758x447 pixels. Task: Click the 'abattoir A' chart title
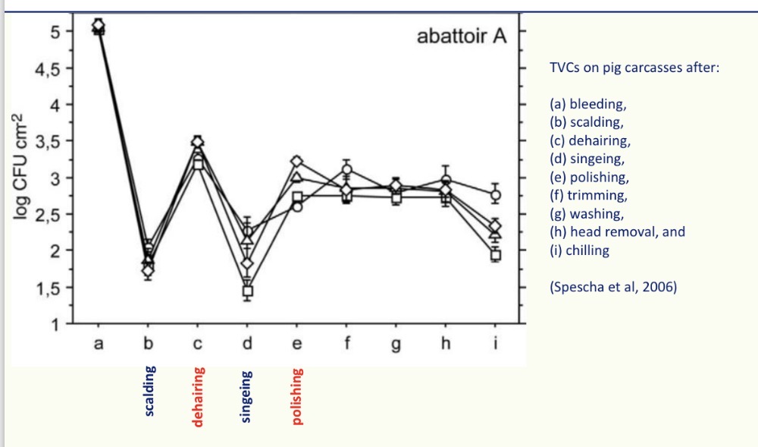[x=461, y=36]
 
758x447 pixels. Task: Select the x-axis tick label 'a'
[x=98, y=345]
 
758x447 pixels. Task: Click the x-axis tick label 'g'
[x=396, y=346]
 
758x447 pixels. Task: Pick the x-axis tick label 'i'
[x=495, y=344]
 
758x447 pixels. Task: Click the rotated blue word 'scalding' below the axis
[x=149, y=391]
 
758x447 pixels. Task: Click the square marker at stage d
[x=247, y=291]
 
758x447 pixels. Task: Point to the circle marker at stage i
[x=496, y=195]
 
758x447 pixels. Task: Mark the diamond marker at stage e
[x=297, y=162]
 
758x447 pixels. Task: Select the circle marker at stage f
[x=346, y=169]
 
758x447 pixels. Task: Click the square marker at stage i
[x=496, y=255]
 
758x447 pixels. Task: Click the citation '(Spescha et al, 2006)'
[x=612, y=288]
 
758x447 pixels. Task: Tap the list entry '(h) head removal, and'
[x=617, y=232]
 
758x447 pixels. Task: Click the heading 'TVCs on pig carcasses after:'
[x=634, y=68]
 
